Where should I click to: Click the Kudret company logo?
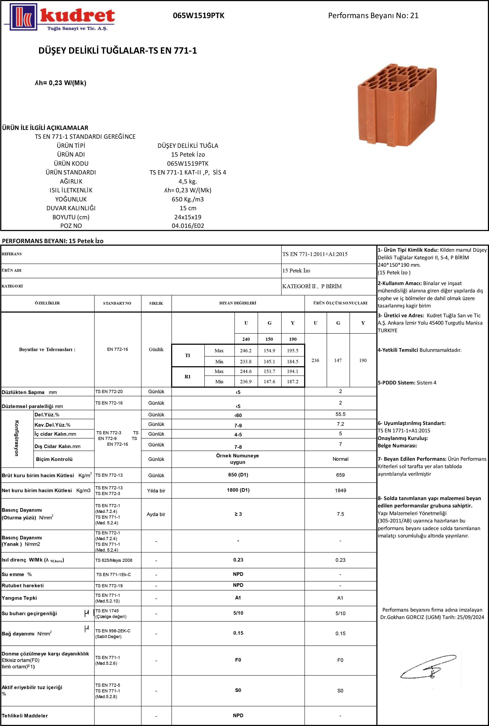click(x=59, y=17)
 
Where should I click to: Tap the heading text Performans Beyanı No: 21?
click(x=373, y=15)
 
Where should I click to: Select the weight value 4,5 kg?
click(x=188, y=181)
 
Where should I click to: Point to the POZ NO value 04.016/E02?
click(x=188, y=226)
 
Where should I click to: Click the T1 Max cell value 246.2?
click(x=246, y=351)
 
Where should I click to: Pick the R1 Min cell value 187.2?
click(x=293, y=381)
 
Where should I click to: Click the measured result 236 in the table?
click(x=315, y=360)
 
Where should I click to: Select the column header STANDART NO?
click(x=117, y=303)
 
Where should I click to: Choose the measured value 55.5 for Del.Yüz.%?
click(x=340, y=414)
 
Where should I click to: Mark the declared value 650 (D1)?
click(x=238, y=475)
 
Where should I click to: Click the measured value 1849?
click(x=340, y=490)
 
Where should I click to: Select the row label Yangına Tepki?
click(x=19, y=598)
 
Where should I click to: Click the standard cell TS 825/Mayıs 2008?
click(x=114, y=560)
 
